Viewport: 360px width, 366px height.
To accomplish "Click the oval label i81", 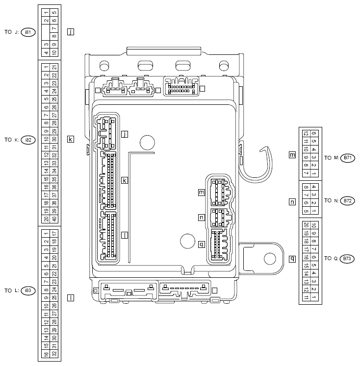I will pos(28,32).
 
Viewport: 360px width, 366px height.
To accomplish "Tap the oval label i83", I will pos(28,291).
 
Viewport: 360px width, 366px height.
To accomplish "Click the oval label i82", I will pos(28,140).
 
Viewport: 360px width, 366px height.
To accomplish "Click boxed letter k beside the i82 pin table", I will pos(71,139).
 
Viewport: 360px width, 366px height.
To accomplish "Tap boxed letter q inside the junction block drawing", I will pos(201,244).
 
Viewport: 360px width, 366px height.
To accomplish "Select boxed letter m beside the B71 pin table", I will pos(292,155).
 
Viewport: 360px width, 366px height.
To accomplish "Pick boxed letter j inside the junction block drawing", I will pos(125,134).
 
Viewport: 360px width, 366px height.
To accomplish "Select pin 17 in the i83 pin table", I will pos(54,233).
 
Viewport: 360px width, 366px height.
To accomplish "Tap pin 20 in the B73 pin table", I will pos(306,225).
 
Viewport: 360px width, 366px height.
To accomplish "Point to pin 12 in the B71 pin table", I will pos(306,133).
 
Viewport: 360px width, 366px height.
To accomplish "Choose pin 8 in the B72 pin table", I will pos(306,187).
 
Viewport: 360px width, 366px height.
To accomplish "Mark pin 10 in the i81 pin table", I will pos(54,52).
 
